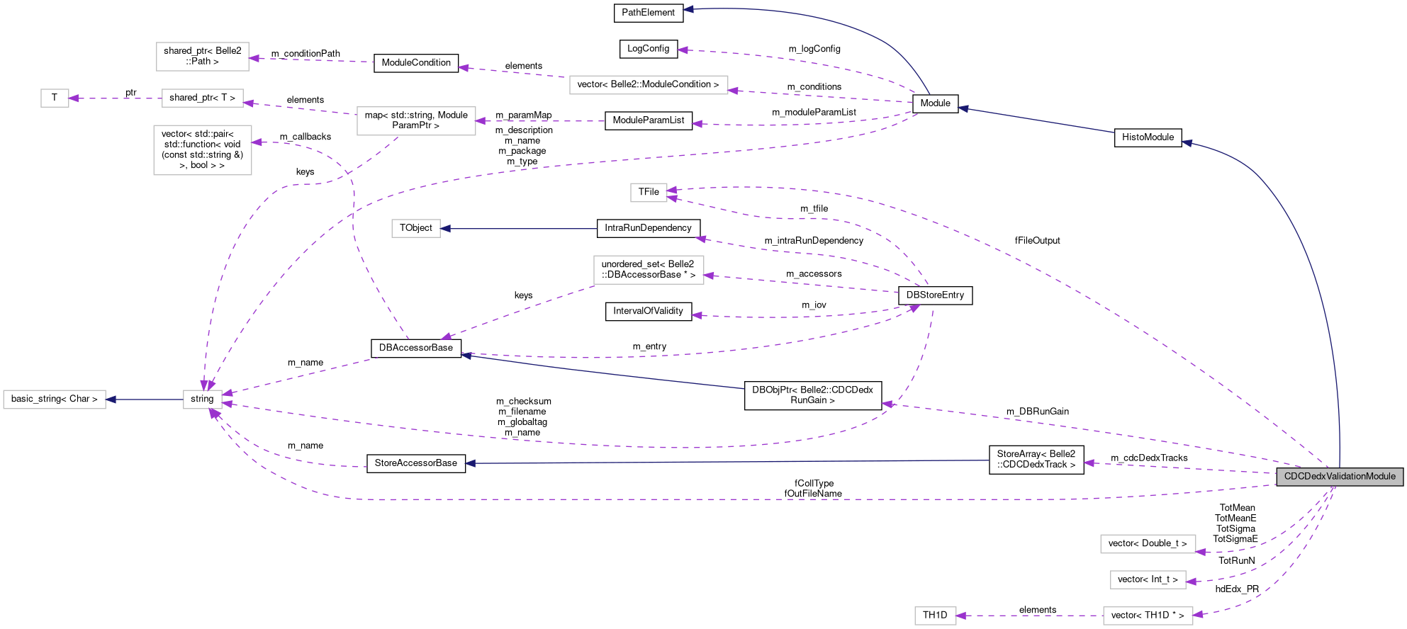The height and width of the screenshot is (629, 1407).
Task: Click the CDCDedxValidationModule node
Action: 1339,477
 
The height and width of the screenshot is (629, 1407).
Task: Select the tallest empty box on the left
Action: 203,150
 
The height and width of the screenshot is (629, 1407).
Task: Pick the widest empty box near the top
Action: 649,85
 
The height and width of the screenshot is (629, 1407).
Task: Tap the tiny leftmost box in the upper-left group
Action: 55,98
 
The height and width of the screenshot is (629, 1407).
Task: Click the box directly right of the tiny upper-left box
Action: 203,98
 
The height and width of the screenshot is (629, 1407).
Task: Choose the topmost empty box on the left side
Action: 203,57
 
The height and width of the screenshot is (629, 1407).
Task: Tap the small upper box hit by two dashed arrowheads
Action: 649,193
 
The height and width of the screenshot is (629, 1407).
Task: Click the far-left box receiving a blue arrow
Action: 55,399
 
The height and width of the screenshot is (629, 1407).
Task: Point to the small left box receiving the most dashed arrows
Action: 203,399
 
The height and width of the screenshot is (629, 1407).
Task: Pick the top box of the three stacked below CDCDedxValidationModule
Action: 1148,544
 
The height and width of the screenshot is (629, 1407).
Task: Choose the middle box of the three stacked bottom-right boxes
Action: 1148,580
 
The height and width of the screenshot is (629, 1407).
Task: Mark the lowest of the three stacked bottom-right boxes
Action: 1148,616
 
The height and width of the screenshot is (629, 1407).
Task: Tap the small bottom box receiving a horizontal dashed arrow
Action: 935,616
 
